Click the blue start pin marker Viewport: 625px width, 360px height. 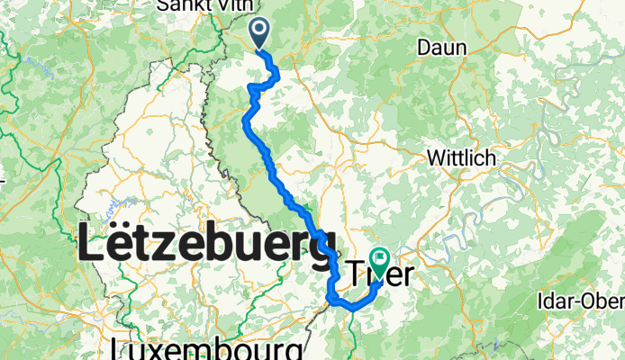[259, 33]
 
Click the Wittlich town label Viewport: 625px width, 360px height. [461, 157]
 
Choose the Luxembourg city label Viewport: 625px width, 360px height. [205, 348]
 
